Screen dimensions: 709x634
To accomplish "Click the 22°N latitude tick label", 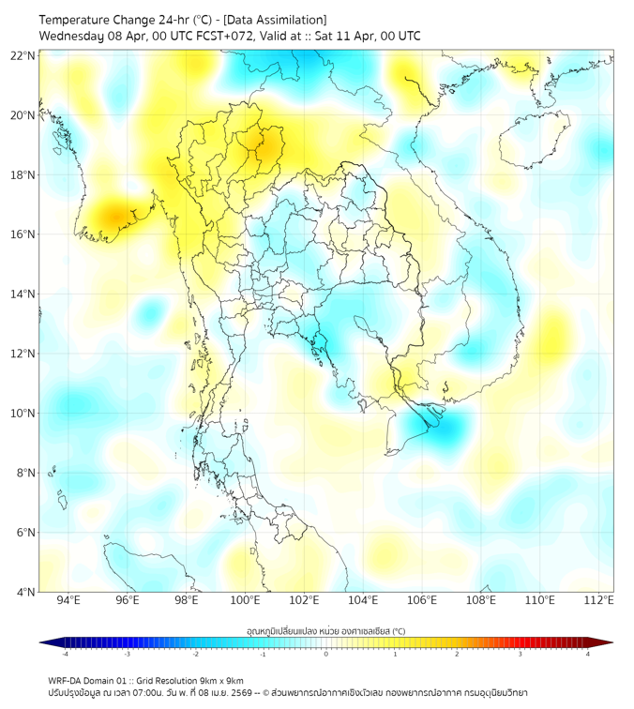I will (23, 55).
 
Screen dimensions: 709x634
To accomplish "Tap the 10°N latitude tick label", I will (23, 414).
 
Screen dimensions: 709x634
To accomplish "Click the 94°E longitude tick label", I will (68, 601).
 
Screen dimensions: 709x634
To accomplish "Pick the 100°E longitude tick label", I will (245, 601).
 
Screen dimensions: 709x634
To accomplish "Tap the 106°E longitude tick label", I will (422, 601).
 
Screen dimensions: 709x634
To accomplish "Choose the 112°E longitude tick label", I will (598, 601).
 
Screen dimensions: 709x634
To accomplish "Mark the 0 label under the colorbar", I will (326, 654).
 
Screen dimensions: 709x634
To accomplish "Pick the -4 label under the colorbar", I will (64, 654).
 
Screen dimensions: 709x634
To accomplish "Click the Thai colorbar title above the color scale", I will (325, 631).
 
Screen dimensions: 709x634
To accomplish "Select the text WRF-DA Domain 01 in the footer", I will (89, 680).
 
